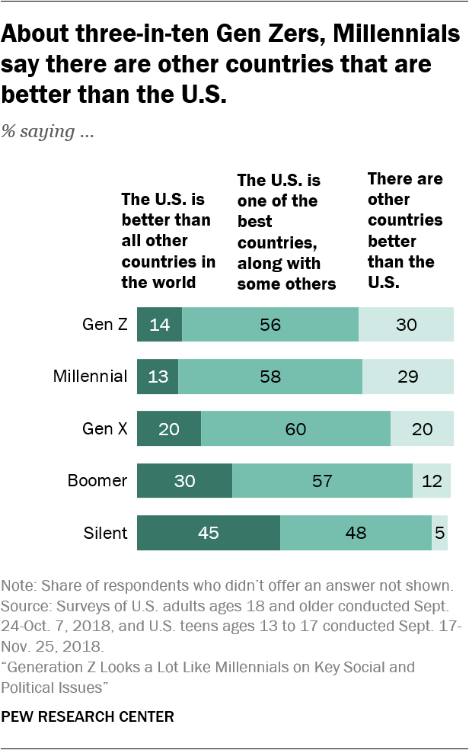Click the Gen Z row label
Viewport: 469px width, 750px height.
pyautogui.click(x=104, y=325)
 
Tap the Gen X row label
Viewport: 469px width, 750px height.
pyautogui.click(x=104, y=428)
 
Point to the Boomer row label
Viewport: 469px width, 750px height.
pyautogui.click(x=97, y=481)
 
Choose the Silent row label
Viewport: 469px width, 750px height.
pyautogui.click(x=106, y=533)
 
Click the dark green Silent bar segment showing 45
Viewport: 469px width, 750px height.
pyautogui.click(x=209, y=533)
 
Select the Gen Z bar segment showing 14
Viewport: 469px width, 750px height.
pyautogui.click(x=159, y=325)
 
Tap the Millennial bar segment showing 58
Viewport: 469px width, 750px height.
pyautogui.click(x=270, y=377)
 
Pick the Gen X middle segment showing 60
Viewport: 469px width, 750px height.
pyautogui.click(x=295, y=428)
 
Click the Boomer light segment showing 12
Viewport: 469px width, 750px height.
pyautogui.click(x=432, y=481)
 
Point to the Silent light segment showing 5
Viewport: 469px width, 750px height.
pyautogui.click(x=440, y=533)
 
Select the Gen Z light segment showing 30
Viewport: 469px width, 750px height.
pyautogui.click(x=406, y=325)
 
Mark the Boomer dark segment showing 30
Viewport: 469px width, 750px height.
pyautogui.click(x=184, y=481)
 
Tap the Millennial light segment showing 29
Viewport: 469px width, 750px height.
pyautogui.click(x=408, y=377)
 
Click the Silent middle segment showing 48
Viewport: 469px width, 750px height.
pyautogui.click(x=356, y=533)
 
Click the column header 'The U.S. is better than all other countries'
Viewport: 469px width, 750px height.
pyautogui.click(x=168, y=241)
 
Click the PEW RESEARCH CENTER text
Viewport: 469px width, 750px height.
pyautogui.click(x=88, y=716)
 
